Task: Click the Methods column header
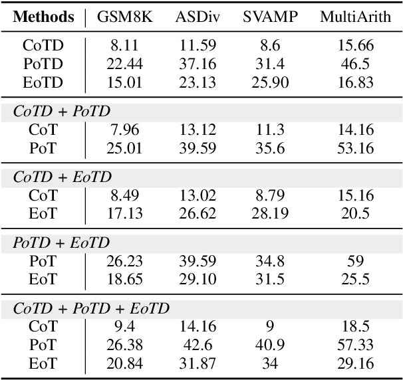(44, 17)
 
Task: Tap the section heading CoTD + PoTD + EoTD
(92, 308)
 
